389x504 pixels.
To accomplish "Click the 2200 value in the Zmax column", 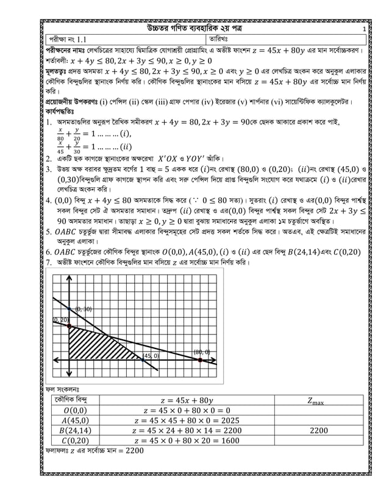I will click(318, 430).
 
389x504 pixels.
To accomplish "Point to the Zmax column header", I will click(318, 400).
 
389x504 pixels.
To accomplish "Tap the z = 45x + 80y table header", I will click(187, 400).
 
